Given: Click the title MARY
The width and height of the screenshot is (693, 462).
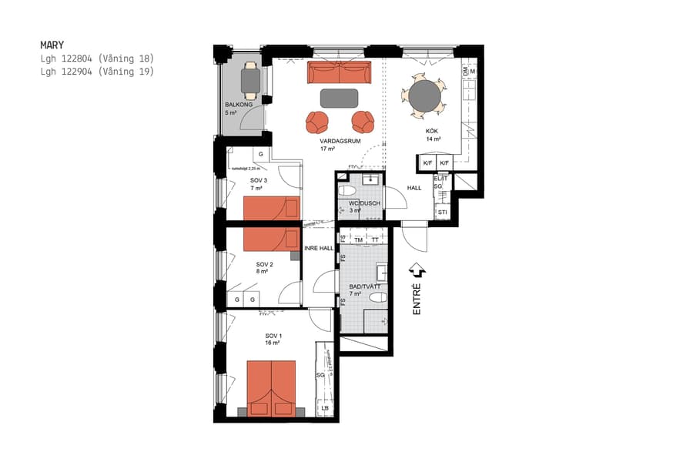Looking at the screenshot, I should coord(52,45).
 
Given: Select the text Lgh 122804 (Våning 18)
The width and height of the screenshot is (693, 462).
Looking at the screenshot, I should coord(97,59).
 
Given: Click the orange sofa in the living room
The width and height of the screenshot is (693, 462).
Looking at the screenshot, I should coord(339,73).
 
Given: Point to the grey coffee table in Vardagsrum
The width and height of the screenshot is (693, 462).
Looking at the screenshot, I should coord(339,98).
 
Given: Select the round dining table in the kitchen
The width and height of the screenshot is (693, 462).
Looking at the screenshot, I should coord(423,97).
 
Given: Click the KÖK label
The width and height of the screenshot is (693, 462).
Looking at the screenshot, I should coord(433,132).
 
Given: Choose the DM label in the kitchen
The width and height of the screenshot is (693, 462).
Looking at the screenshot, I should coord(465,72).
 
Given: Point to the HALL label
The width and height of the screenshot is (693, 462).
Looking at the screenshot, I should coord(414,188).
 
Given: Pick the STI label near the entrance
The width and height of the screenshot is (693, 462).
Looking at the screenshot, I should coord(442,212).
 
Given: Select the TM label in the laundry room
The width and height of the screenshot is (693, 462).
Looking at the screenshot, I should coord(359,240).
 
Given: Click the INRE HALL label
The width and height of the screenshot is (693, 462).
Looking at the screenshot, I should coord(319,248).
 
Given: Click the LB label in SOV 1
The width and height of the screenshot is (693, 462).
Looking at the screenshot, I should coord(324,408).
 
